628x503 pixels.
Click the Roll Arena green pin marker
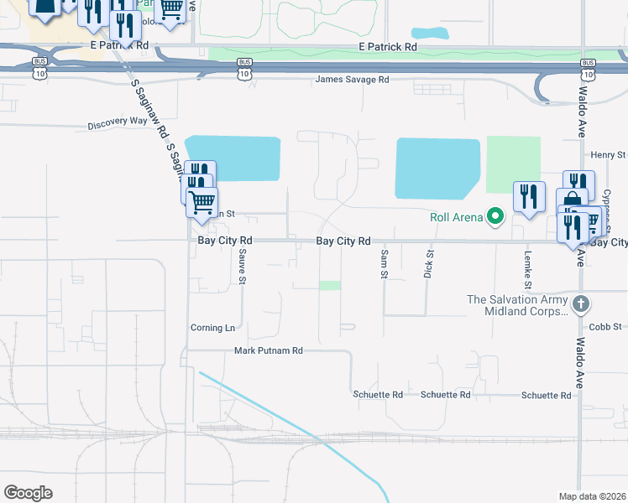495,218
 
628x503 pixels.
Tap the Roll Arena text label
456,218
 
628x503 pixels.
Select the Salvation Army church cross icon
580,303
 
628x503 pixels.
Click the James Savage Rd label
353,80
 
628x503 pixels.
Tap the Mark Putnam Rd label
268,350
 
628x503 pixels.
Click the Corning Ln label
212,328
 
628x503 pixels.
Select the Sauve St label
242,266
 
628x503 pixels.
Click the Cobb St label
604,326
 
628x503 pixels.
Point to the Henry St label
608,155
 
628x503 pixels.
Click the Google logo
28,493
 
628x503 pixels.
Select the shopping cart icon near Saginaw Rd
201,202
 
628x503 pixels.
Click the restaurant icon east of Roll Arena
529,196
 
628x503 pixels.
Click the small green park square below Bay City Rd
330,285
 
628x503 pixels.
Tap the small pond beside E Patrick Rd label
430,34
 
